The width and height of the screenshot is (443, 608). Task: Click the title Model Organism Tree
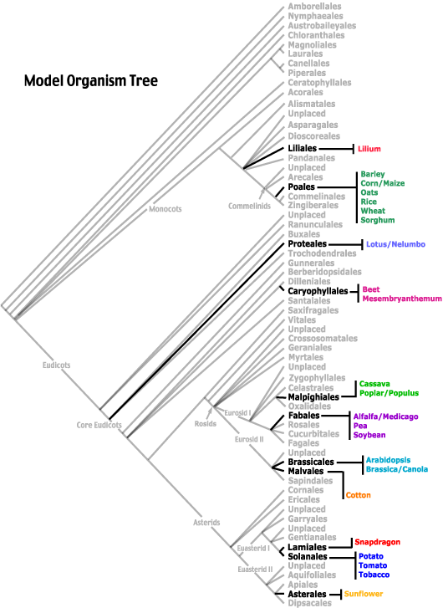coord(90,81)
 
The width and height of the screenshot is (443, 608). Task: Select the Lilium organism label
coord(369,149)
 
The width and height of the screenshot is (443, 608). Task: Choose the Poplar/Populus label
coord(389,393)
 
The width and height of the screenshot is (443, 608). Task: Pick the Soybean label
coord(369,435)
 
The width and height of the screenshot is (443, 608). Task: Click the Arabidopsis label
coord(388,460)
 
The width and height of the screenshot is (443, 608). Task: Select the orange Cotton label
coord(358,495)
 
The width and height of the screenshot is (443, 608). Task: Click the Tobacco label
coord(374,575)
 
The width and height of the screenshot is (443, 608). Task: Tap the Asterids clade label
coord(206,523)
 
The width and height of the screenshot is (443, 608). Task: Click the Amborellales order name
coord(316,7)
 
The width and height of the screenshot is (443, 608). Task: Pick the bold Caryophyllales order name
coord(318,291)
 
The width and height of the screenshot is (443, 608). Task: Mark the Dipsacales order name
coord(311,602)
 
